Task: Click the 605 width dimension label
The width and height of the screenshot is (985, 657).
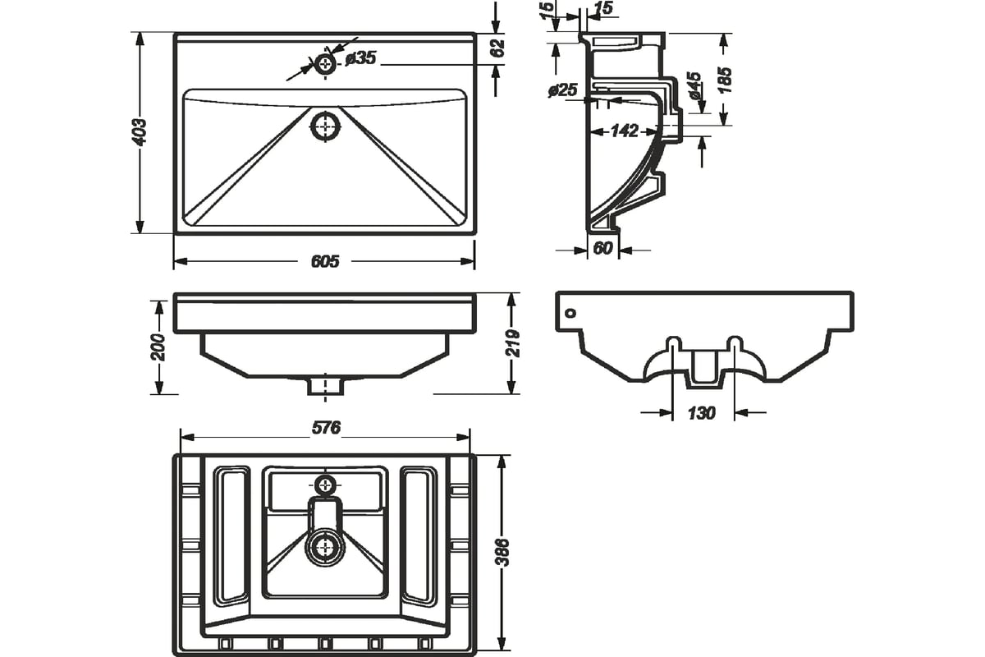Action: [x=325, y=261]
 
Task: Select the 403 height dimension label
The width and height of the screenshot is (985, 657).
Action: [x=140, y=131]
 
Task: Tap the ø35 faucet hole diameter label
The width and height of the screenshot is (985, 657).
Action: [x=360, y=58]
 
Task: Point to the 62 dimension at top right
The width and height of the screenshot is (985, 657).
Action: [x=497, y=48]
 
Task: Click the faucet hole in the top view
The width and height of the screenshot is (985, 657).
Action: [x=325, y=65]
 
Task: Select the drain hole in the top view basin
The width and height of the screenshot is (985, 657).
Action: [x=325, y=126]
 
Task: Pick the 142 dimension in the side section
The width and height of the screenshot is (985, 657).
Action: [x=624, y=131]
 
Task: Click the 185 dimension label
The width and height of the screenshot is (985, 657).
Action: [x=724, y=80]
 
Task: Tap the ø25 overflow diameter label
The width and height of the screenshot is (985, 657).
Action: [x=563, y=90]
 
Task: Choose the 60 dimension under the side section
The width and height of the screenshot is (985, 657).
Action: [x=602, y=248]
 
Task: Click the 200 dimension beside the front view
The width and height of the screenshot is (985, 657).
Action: [x=158, y=347]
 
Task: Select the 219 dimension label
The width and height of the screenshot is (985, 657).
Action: [x=513, y=343]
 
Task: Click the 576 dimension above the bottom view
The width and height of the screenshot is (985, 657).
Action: [x=326, y=428]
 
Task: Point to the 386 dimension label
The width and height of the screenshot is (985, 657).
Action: [x=502, y=552]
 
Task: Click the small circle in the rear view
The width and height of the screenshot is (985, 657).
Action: [x=570, y=314]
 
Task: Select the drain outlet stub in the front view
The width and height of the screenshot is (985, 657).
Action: [x=325, y=386]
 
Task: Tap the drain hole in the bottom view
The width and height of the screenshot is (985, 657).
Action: [x=325, y=548]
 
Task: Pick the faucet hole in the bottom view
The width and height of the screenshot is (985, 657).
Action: [x=325, y=486]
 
